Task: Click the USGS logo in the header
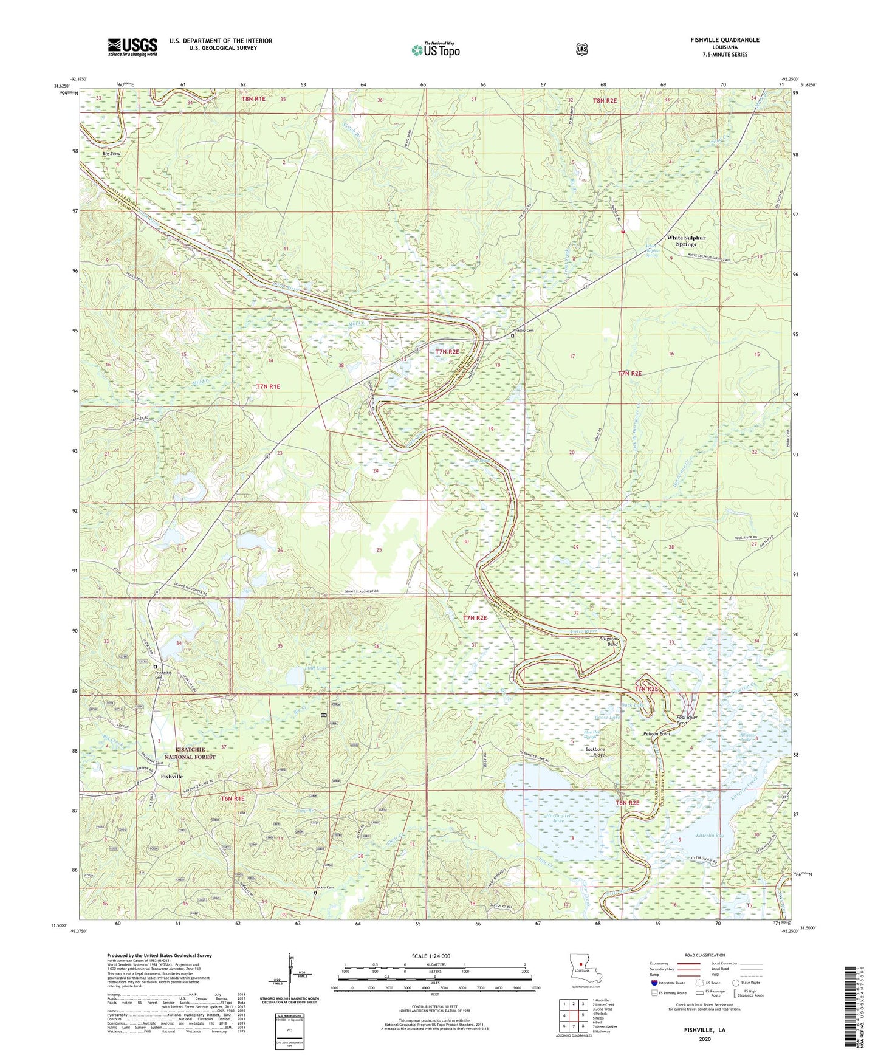point(132,47)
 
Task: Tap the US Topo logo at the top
point(436,49)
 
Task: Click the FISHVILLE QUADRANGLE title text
point(724,40)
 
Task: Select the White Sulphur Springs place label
point(686,241)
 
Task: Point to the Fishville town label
point(171,777)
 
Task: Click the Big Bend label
point(111,154)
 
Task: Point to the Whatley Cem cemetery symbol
point(512,335)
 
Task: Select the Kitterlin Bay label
point(710,836)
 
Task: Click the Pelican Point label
point(656,734)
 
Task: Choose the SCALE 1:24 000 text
point(431,956)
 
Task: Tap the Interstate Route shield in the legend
point(654,983)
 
